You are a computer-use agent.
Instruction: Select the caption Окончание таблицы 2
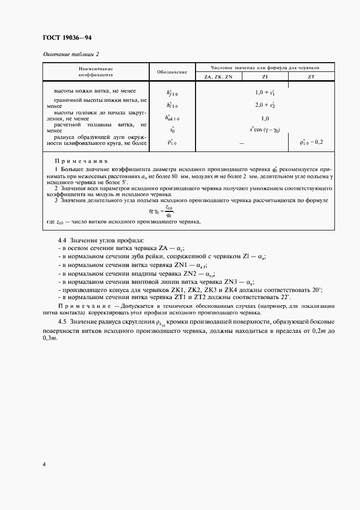pyautogui.click(x=70, y=54)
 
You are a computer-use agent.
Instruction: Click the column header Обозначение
pyautogui.click(x=172, y=72)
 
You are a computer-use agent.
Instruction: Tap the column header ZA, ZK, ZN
pyautogui.click(x=218, y=77)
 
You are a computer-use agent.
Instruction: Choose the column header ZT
pyautogui.click(x=311, y=77)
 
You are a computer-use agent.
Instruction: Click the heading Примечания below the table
pyautogui.click(x=82, y=161)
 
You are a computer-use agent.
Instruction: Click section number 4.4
pyautogui.click(x=63, y=240)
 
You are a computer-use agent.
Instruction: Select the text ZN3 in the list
pyautogui.click(x=233, y=281)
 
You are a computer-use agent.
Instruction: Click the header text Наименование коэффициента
pyautogui.click(x=95, y=72)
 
